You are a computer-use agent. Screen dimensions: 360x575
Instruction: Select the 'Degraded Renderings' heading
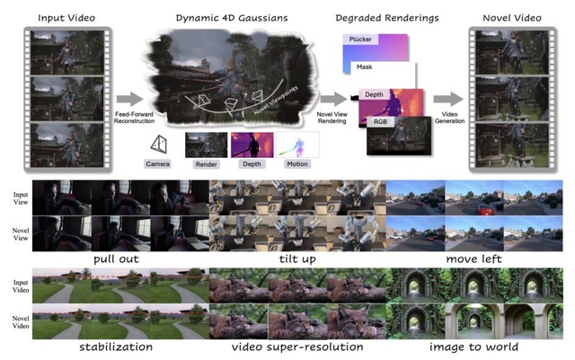(x=375, y=16)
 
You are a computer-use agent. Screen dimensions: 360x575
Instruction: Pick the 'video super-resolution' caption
(x=296, y=347)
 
